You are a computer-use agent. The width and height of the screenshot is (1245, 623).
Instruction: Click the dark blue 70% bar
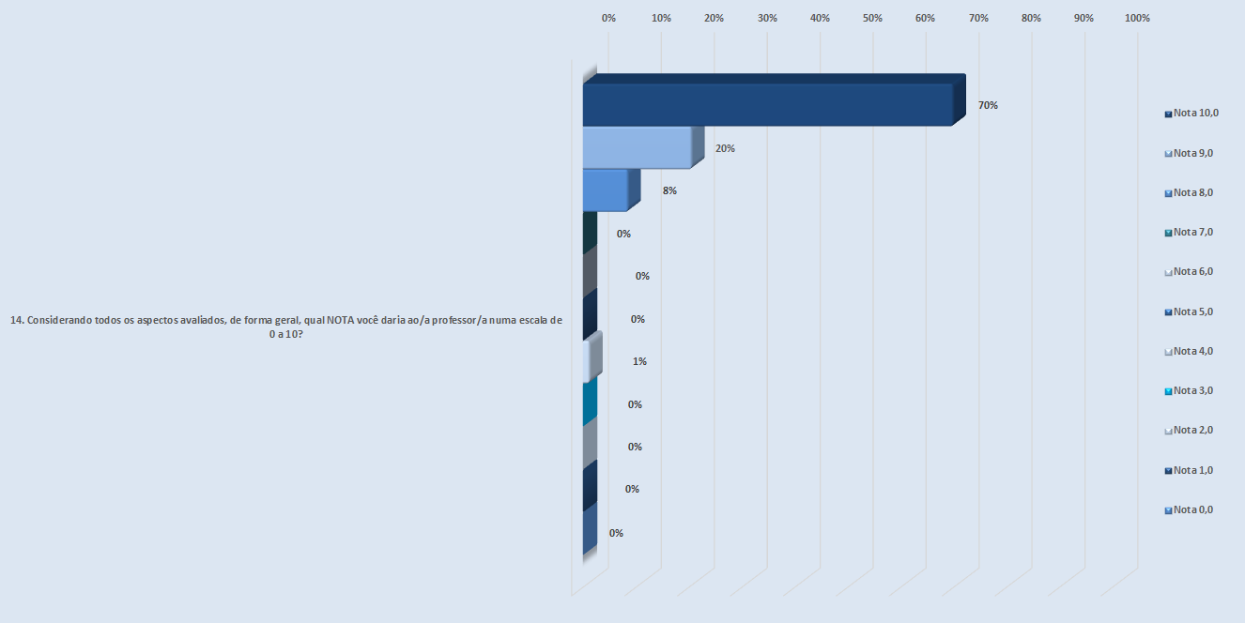(768, 104)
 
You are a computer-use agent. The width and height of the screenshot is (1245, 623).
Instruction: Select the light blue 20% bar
(637, 148)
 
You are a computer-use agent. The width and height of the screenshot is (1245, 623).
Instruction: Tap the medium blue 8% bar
(606, 190)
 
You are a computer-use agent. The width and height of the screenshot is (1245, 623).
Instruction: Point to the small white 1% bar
(588, 361)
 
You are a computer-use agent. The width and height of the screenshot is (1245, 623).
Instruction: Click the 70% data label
(988, 106)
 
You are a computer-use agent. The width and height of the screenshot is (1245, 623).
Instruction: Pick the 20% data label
(725, 148)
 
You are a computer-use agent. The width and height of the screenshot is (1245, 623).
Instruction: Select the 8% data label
(669, 190)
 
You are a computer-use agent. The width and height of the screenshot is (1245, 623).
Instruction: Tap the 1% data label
(639, 361)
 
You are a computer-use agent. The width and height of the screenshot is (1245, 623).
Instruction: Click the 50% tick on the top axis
(872, 19)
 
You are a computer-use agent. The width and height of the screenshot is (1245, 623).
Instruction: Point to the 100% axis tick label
(1136, 19)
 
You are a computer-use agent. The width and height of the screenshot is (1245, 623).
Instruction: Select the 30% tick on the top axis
(767, 19)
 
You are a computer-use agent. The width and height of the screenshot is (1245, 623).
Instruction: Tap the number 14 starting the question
(16, 320)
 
